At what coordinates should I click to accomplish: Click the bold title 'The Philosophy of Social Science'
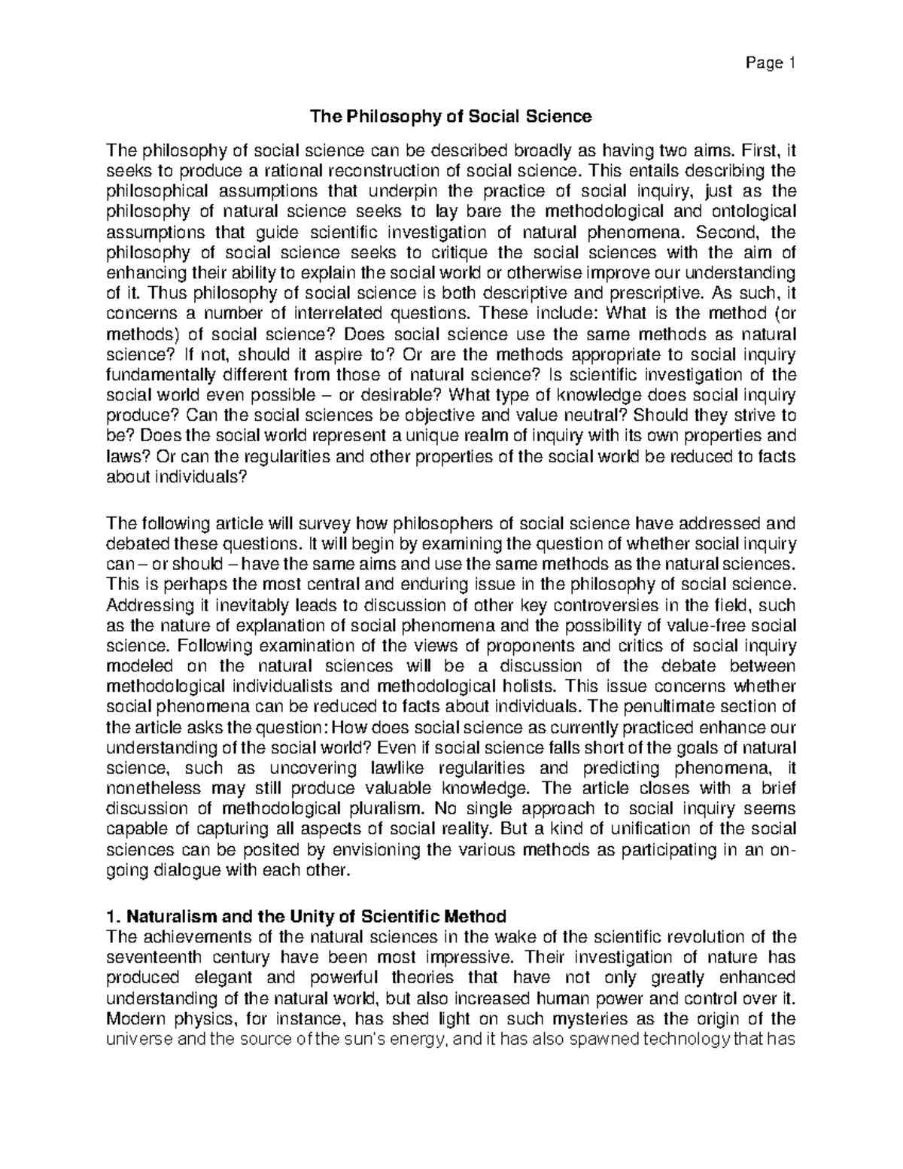(x=451, y=117)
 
